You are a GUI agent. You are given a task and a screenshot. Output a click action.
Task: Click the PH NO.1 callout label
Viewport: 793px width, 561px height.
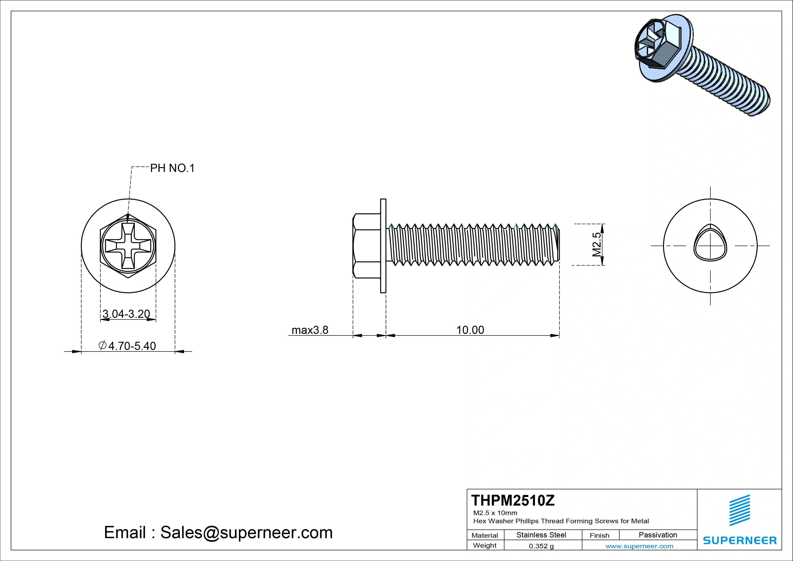172,168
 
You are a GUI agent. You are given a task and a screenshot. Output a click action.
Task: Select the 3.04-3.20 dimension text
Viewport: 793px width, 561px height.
126,314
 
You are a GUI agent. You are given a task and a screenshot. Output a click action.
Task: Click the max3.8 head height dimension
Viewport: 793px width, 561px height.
310,330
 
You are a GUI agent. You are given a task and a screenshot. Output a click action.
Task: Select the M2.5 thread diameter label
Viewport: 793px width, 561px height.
597,244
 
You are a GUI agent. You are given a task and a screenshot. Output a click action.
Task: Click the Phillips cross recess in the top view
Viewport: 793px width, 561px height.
128,246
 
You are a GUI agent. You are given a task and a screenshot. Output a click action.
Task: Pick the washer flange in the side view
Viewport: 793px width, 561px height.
383,246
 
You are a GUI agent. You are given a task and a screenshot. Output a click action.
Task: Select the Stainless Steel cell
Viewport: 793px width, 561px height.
541,535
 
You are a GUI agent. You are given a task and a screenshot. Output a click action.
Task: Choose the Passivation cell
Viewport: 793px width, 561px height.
658,535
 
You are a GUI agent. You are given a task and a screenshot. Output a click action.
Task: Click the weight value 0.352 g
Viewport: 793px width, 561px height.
541,546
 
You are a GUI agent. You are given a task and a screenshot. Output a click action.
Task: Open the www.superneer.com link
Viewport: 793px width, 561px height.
639,546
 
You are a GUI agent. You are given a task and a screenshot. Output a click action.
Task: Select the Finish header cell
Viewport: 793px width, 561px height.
599,535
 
